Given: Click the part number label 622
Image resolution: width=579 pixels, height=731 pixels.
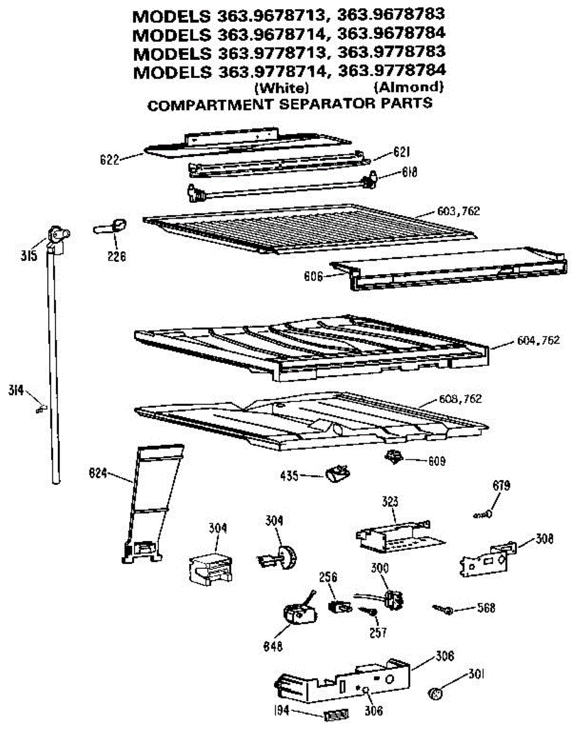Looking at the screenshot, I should tap(110, 160).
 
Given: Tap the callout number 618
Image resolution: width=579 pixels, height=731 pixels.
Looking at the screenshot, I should tap(410, 173).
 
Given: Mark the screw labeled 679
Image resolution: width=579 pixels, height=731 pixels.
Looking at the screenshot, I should tap(484, 514).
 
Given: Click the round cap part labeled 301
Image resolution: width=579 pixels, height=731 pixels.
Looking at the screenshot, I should tap(435, 693).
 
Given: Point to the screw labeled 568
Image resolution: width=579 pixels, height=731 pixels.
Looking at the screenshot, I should tap(443, 608).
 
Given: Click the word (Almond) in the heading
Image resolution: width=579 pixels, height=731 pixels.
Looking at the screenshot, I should tap(409, 87).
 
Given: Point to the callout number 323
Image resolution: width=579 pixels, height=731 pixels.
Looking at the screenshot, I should tap(390, 502).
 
